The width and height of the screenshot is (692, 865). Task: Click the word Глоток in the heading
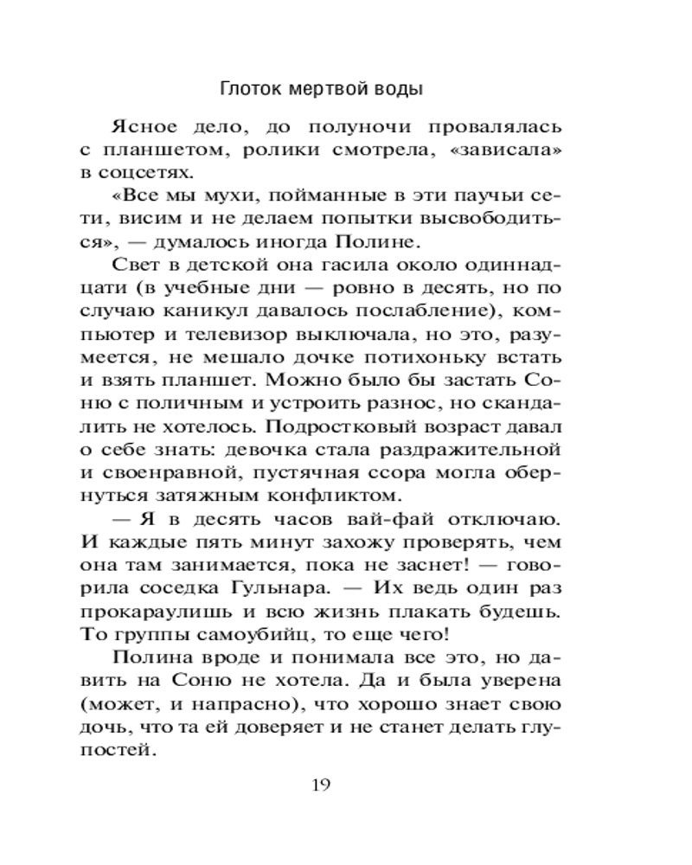click(x=251, y=88)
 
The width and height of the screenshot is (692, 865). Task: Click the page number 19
click(x=320, y=785)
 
